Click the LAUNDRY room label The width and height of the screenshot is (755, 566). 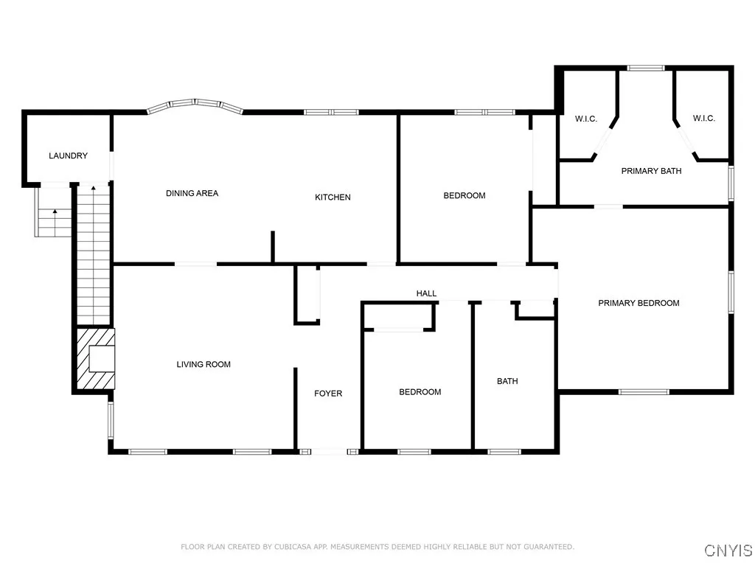68,156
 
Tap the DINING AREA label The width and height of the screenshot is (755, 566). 192,193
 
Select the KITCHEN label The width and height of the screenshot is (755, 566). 333,197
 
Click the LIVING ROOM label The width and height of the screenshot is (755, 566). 203,364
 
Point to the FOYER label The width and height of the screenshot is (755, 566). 328,394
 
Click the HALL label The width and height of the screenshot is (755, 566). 426,293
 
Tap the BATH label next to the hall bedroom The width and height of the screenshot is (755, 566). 507,381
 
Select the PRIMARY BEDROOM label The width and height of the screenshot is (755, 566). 639,303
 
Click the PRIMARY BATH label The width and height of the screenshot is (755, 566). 651,171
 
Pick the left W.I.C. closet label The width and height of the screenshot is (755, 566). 585,119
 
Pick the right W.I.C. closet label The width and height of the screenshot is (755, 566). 703,119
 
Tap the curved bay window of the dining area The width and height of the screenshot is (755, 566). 195,104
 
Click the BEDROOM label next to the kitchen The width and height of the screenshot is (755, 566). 464,195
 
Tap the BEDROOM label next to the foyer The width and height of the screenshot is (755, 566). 420,392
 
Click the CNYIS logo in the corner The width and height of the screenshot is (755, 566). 728,551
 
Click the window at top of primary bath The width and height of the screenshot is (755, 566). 646,68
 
